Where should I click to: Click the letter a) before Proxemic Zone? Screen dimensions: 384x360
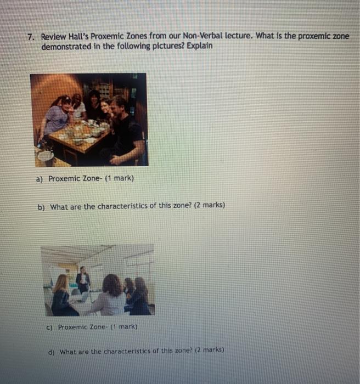point(40,179)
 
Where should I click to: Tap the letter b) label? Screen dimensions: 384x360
point(42,206)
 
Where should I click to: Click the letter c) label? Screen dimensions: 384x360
point(49,326)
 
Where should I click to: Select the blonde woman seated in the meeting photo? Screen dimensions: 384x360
point(61,296)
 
